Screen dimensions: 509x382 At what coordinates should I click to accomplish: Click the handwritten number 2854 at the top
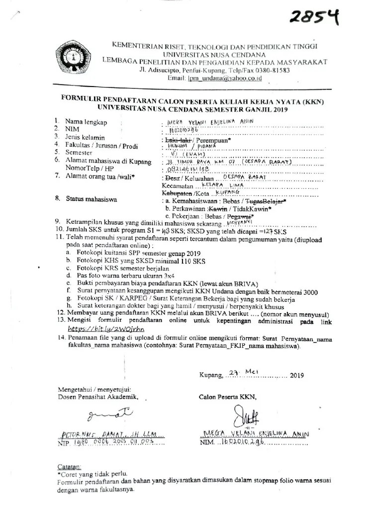click(x=316, y=18)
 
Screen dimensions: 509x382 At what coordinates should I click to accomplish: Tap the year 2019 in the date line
click(x=296, y=375)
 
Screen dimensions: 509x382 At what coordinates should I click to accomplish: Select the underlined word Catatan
click(x=69, y=467)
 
